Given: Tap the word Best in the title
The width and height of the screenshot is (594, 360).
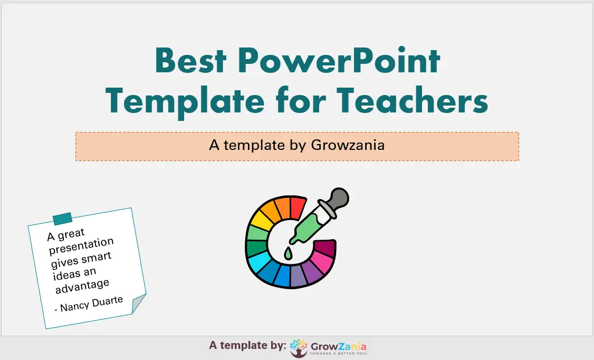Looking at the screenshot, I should coord(190,61).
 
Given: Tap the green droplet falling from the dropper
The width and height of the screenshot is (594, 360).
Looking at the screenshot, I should coord(288,254).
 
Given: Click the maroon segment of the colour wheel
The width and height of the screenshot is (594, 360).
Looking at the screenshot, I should coord(325,247).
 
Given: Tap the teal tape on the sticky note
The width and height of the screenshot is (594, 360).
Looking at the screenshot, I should coord(62,219).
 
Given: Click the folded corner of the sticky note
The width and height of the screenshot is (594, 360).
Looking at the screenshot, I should coord(138,303).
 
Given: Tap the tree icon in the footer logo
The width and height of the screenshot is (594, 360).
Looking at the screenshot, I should coord(299,348).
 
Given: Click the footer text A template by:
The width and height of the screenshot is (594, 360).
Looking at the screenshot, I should coord(247,345).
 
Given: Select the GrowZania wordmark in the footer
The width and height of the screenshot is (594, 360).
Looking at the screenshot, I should coord(338,346).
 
